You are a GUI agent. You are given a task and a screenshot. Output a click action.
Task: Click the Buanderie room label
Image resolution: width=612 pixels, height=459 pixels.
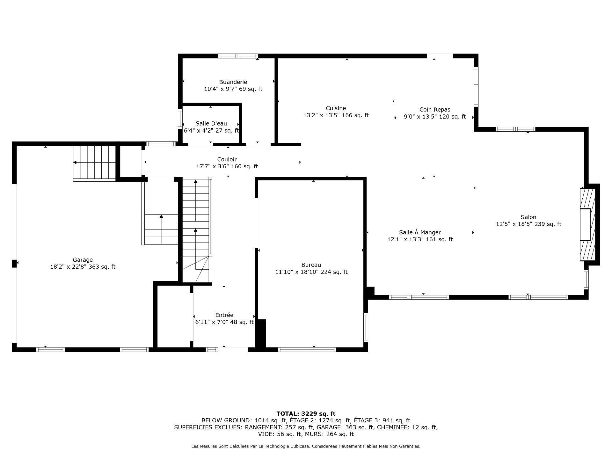pyautogui.click(x=233, y=82)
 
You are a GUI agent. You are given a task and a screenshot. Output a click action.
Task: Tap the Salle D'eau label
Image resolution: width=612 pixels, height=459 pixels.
pyautogui.click(x=211, y=124)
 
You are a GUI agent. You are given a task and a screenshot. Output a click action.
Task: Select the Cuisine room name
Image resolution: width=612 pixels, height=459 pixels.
pyautogui.click(x=336, y=108)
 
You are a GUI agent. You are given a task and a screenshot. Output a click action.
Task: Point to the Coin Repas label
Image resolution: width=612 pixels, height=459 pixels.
pyautogui.click(x=435, y=110)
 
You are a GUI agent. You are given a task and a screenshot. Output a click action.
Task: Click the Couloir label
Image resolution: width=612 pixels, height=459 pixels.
pyautogui.click(x=227, y=159)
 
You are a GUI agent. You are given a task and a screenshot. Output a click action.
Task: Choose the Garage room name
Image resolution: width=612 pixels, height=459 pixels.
pyautogui.click(x=83, y=260)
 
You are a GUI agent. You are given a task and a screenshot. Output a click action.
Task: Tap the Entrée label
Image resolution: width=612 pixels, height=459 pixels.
pyautogui.click(x=224, y=315)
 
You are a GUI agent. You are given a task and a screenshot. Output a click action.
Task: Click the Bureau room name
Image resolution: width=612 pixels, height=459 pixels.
pyautogui.click(x=311, y=265)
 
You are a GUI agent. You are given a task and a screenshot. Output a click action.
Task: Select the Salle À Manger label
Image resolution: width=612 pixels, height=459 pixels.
pyautogui.click(x=420, y=233)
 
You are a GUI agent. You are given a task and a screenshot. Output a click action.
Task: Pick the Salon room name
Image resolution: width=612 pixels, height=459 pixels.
pyautogui.click(x=528, y=217)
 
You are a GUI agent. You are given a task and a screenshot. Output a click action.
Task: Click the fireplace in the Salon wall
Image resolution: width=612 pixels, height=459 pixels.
pyautogui.click(x=587, y=224)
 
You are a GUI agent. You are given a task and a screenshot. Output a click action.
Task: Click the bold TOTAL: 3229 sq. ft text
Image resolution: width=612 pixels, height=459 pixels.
pyautogui.click(x=306, y=414)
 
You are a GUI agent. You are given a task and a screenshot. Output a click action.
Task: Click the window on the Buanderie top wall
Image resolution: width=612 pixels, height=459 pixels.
pyautogui.click(x=238, y=56)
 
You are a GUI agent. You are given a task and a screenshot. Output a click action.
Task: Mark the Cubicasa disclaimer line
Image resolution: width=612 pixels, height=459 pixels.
pyautogui.click(x=306, y=447)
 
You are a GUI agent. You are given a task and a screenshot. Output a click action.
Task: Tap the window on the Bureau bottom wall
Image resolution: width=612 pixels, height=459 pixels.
pyautogui.click(x=307, y=350)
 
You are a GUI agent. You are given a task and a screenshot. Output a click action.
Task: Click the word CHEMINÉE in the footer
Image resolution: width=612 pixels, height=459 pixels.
pyautogui.click(x=392, y=427)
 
